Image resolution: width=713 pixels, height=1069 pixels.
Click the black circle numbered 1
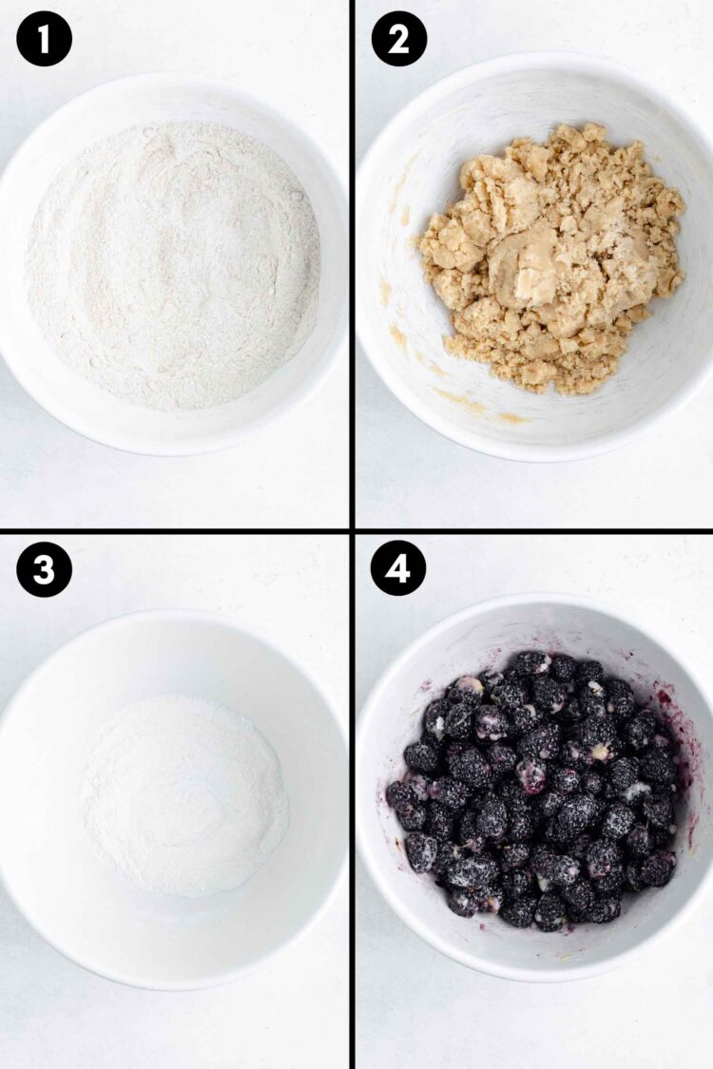click(x=44, y=39)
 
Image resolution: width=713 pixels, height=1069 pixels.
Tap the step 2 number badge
click(x=398, y=39)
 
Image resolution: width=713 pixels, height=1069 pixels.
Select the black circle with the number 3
click(x=44, y=569)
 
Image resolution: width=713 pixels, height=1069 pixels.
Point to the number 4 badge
click(x=398, y=569)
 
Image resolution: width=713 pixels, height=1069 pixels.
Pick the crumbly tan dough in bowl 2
click(x=551, y=257)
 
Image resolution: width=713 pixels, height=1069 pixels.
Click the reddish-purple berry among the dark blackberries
click(x=531, y=774)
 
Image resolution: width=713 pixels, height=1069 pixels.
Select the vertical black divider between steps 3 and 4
click(x=352, y=798)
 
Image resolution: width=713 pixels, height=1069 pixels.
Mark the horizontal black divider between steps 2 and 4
click(x=532, y=530)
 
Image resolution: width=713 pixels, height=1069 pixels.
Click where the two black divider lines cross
click(x=352, y=530)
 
